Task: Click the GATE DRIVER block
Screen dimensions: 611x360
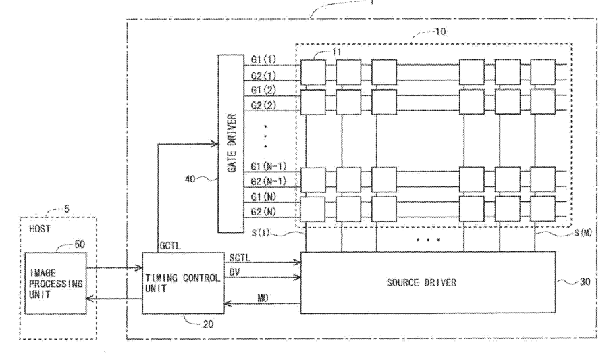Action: tap(231, 144)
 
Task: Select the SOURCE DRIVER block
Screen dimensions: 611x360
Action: tap(428, 282)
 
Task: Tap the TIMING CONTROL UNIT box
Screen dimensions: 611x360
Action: tap(183, 283)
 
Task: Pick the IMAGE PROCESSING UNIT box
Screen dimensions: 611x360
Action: tap(56, 283)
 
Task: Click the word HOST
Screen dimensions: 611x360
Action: tap(40, 228)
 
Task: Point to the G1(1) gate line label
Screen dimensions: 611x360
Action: tap(263, 59)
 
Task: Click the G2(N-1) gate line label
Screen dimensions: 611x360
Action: tap(268, 182)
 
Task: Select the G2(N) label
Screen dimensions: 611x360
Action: tap(263, 212)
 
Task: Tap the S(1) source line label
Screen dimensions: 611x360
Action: tap(261, 233)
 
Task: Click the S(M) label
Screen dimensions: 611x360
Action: tap(583, 233)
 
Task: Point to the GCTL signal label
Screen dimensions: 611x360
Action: tap(170, 247)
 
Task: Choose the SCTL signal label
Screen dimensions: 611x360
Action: tap(240, 258)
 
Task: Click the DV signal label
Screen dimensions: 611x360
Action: tap(234, 272)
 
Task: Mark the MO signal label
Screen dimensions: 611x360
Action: tap(263, 299)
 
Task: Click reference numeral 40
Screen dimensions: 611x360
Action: tap(190, 180)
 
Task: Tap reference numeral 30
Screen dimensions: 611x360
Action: tap(585, 282)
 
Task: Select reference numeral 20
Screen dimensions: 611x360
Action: tap(208, 324)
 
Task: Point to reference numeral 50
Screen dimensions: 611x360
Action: tap(80, 245)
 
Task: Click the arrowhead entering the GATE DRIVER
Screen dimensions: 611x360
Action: tap(214, 144)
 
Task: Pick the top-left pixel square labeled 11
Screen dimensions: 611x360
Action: tap(313, 72)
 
